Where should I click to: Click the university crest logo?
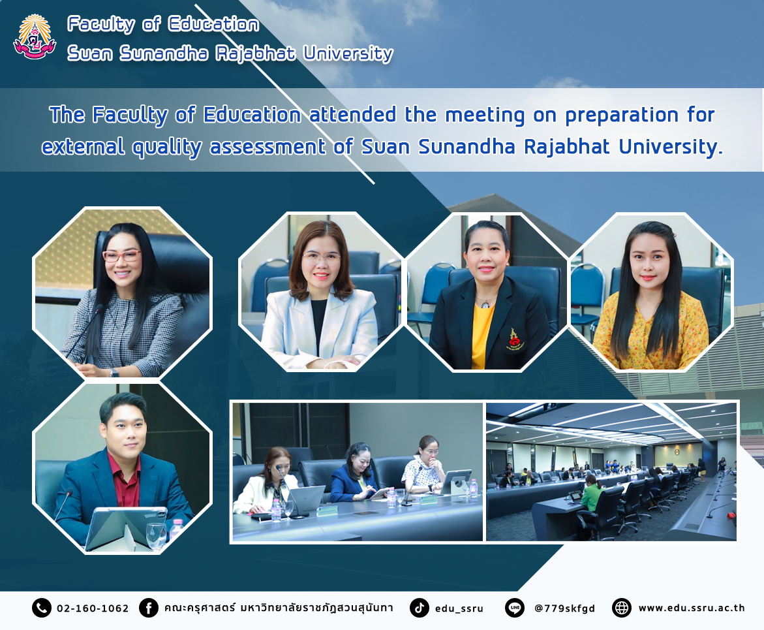[35, 38]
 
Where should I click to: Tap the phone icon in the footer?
[41, 608]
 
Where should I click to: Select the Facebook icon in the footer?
[149, 608]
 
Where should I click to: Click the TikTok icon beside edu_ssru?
[419, 608]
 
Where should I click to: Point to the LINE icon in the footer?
[515, 608]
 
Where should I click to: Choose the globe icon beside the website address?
[622, 608]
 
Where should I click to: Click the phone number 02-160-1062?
[93, 608]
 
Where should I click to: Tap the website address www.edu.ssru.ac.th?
[692, 608]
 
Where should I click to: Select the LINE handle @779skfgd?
[565, 608]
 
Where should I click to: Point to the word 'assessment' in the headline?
[267, 147]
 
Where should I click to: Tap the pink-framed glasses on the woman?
[122, 255]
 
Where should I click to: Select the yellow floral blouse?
[650, 332]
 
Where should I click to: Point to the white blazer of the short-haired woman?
[319, 326]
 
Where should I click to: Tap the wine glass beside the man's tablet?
[156, 537]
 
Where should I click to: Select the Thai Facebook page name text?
[278, 608]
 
